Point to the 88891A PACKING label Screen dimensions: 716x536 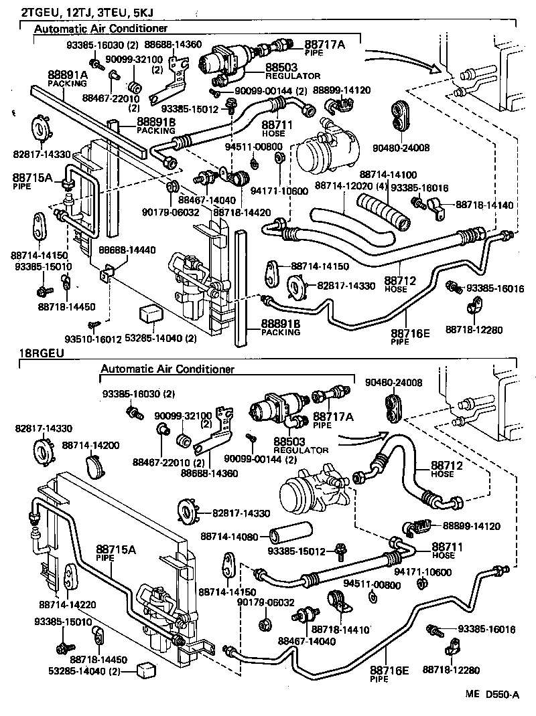point(67,79)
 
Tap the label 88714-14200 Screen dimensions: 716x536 point(90,444)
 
